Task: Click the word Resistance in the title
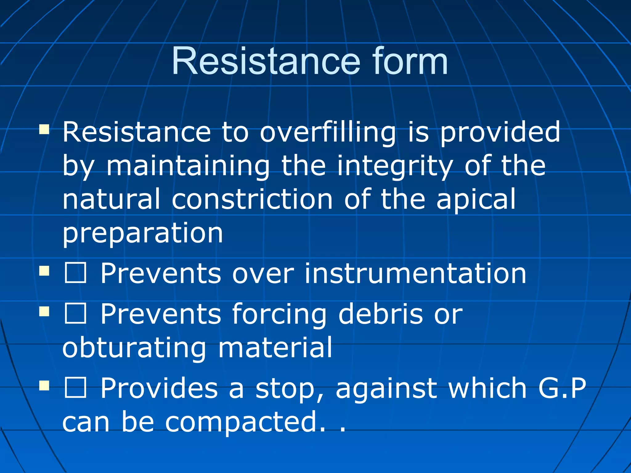266,61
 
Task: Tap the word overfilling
328,132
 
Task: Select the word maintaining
188,166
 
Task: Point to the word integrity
395,166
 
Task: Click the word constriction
252,200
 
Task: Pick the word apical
476,200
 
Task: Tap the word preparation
143,233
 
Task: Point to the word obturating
134,348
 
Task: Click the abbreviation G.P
562,389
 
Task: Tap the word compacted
241,422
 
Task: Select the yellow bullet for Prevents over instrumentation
44,271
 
